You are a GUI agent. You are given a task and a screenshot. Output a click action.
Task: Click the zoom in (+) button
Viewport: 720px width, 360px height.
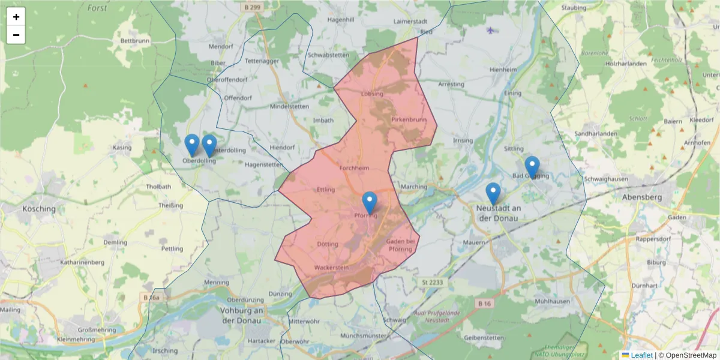[16, 17]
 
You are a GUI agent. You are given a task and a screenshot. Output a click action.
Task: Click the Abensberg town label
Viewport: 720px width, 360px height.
[641, 197]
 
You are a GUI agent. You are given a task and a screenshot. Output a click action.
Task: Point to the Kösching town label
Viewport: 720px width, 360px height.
[38, 209]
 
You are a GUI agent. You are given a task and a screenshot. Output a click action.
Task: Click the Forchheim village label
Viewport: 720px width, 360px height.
[354, 169]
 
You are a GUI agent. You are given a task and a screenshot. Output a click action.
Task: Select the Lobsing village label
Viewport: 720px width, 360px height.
[372, 94]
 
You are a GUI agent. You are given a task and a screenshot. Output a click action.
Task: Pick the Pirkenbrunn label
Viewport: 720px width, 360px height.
[409, 119]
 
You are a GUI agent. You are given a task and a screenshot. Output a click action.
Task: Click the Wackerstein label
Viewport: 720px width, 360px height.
[331, 268]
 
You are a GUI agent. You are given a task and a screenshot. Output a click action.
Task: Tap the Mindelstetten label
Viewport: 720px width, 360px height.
[289, 106]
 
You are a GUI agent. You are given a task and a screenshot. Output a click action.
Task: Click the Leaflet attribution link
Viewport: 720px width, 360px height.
[641, 355]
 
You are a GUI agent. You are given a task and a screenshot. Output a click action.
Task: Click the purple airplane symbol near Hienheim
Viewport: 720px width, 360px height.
[492, 30]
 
